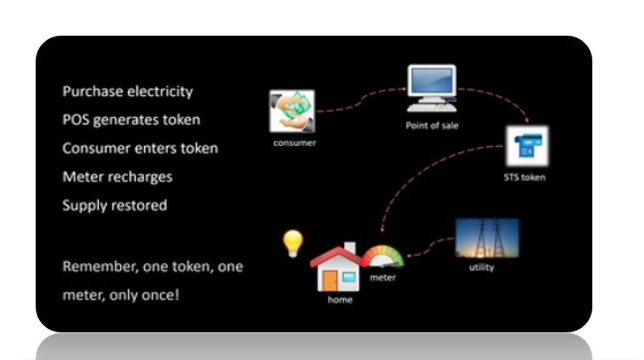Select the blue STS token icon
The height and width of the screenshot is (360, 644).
[x=527, y=147]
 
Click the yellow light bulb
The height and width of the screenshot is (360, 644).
[x=292, y=242]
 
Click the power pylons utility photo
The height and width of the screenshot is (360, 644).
[x=486, y=238]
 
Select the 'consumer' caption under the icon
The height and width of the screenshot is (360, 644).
[x=290, y=143]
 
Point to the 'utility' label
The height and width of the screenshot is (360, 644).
[x=482, y=267]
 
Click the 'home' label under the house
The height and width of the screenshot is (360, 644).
[x=340, y=300]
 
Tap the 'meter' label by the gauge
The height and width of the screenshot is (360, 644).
[x=383, y=278]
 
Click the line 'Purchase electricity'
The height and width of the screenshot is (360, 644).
[x=127, y=92]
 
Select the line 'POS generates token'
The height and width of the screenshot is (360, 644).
[x=131, y=120]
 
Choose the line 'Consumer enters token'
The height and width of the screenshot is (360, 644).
[x=140, y=148]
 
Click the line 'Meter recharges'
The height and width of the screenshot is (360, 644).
[x=118, y=176]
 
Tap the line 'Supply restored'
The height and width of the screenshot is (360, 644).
[x=115, y=205]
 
